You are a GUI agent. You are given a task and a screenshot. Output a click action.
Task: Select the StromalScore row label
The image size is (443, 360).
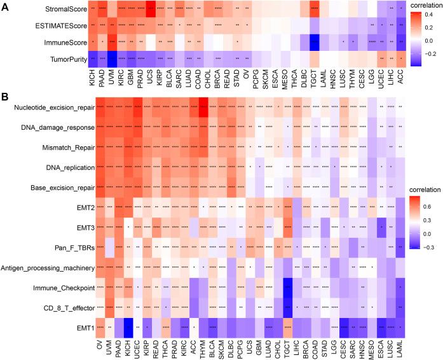pyautogui.click(x=67, y=10)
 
